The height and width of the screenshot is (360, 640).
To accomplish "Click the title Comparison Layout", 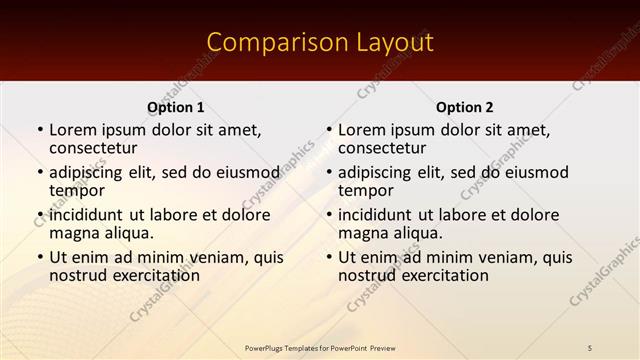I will pyautogui.click(x=320, y=42).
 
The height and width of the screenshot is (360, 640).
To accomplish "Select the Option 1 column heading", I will pyautogui.click(x=176, y=107).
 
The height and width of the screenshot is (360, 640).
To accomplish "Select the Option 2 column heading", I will pyautogui.click(x=464, y=107).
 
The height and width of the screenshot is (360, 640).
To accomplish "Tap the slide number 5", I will pyautogui.click(x=590, y=347).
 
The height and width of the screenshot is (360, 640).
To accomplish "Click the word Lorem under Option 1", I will pyautogui.click(x=73, y=130).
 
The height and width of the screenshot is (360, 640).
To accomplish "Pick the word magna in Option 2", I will pyautogui.click(x=361, y=233).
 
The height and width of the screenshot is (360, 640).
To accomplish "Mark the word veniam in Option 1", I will pyautogui.click(x=213, y=257).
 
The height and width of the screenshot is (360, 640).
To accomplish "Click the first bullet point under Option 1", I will pyautogui.click(x=39, y=131).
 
